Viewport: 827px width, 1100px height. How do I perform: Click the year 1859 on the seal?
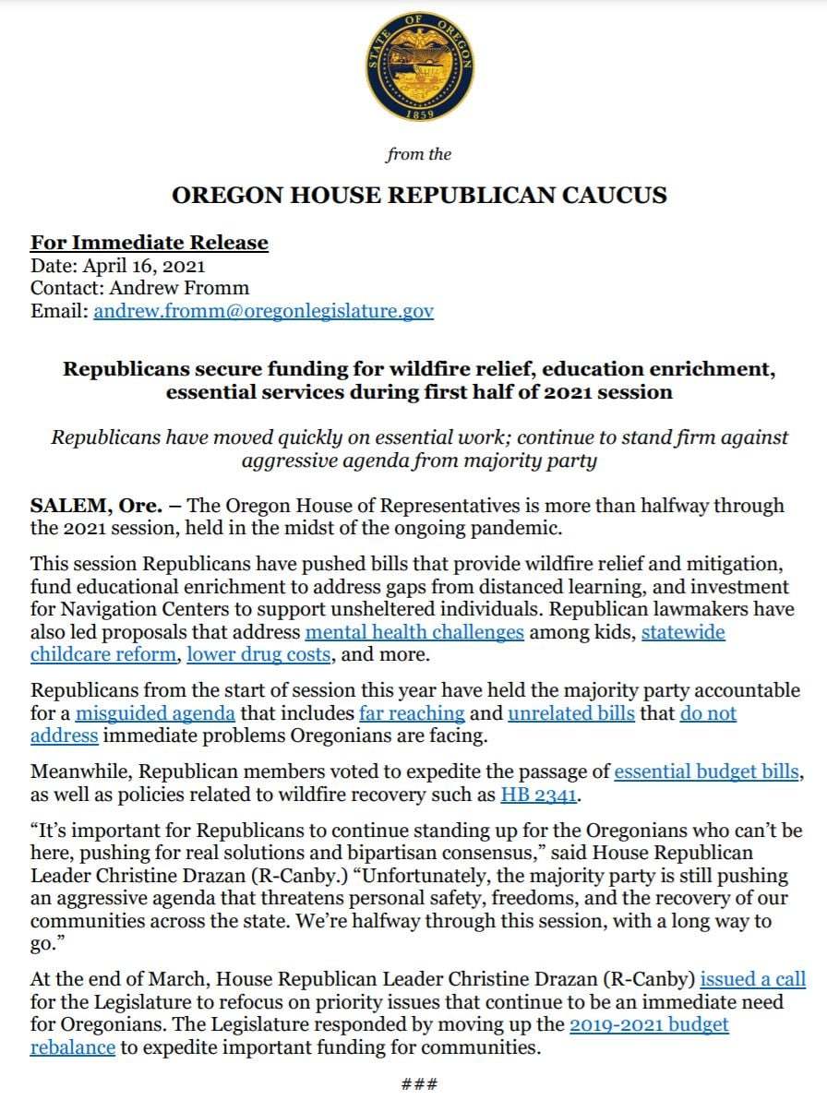(420, 114)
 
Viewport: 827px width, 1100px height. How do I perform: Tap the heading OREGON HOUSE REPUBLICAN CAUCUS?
(420, 196)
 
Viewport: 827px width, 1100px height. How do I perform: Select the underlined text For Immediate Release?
(150, 243)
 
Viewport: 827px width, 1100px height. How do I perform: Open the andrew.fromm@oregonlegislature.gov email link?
(263, 311)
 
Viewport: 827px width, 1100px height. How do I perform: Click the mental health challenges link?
(414, 632)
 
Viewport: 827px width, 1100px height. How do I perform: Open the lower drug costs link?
(258, 654)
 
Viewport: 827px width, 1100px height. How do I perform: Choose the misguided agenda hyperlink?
(155, 712)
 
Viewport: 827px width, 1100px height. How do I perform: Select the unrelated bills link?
(571, 712)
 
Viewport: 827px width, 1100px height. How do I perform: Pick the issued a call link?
(752, 979)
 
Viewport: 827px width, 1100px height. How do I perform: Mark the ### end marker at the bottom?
(419, 1083)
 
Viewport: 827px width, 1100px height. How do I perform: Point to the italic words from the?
(419, 154)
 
